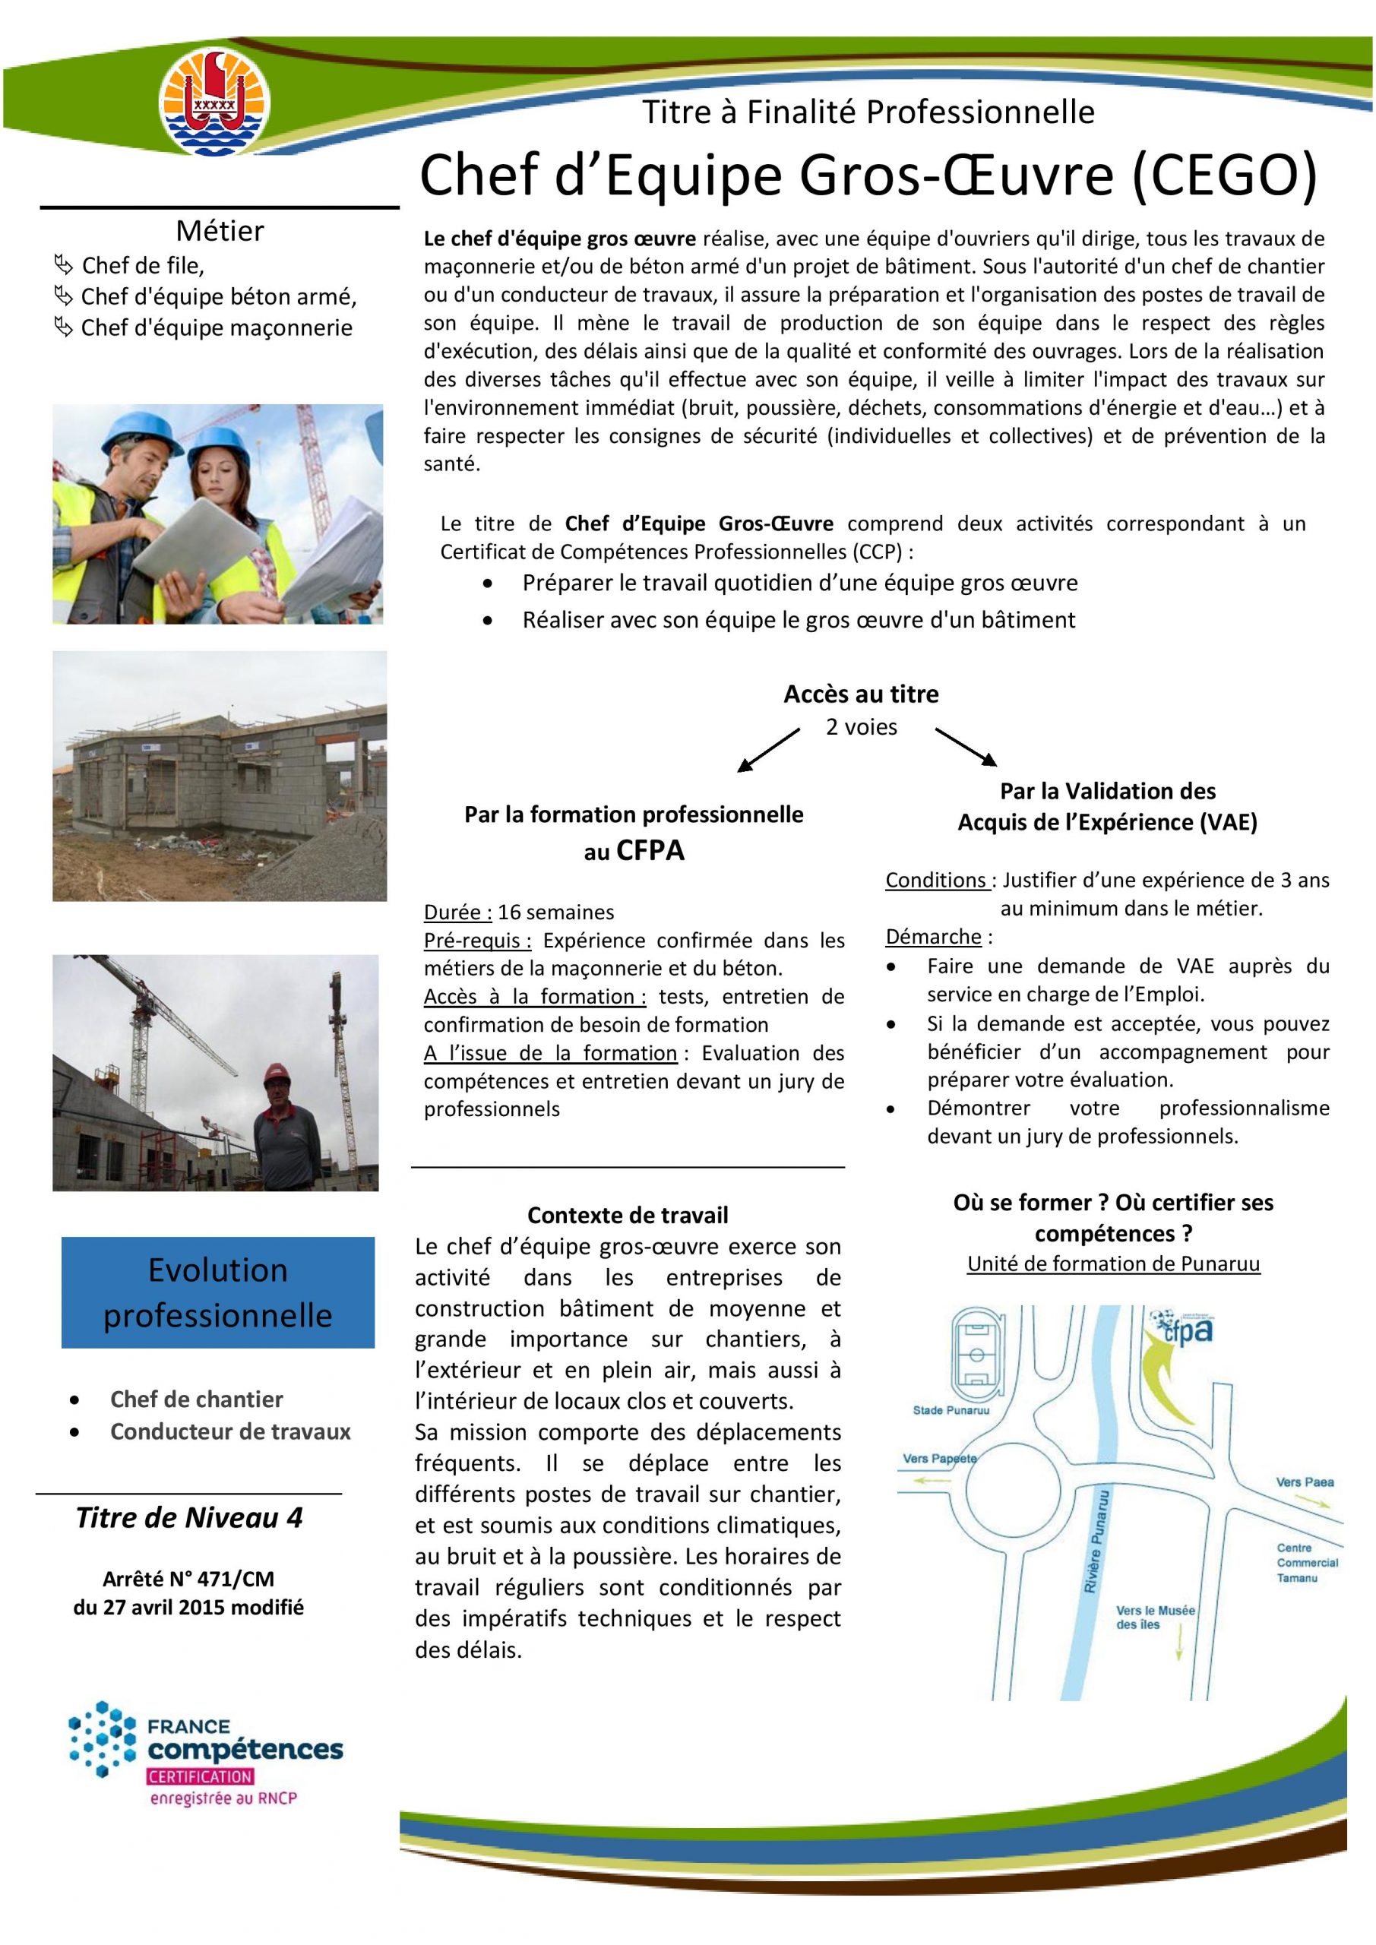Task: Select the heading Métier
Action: point(220,230)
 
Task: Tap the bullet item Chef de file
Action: point(142,266)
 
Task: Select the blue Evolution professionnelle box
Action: point(218,1292)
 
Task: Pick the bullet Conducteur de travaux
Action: point(229,1431)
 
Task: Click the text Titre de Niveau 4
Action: point(189,1517)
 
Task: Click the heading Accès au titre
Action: point(861,694)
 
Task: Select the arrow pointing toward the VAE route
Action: point(966,744)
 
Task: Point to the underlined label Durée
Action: point(457,912)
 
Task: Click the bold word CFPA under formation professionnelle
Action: point(650,850)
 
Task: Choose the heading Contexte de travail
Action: point(627,1216)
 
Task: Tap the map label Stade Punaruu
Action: point(951,1410)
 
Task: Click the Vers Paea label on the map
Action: point(1305,1482)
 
